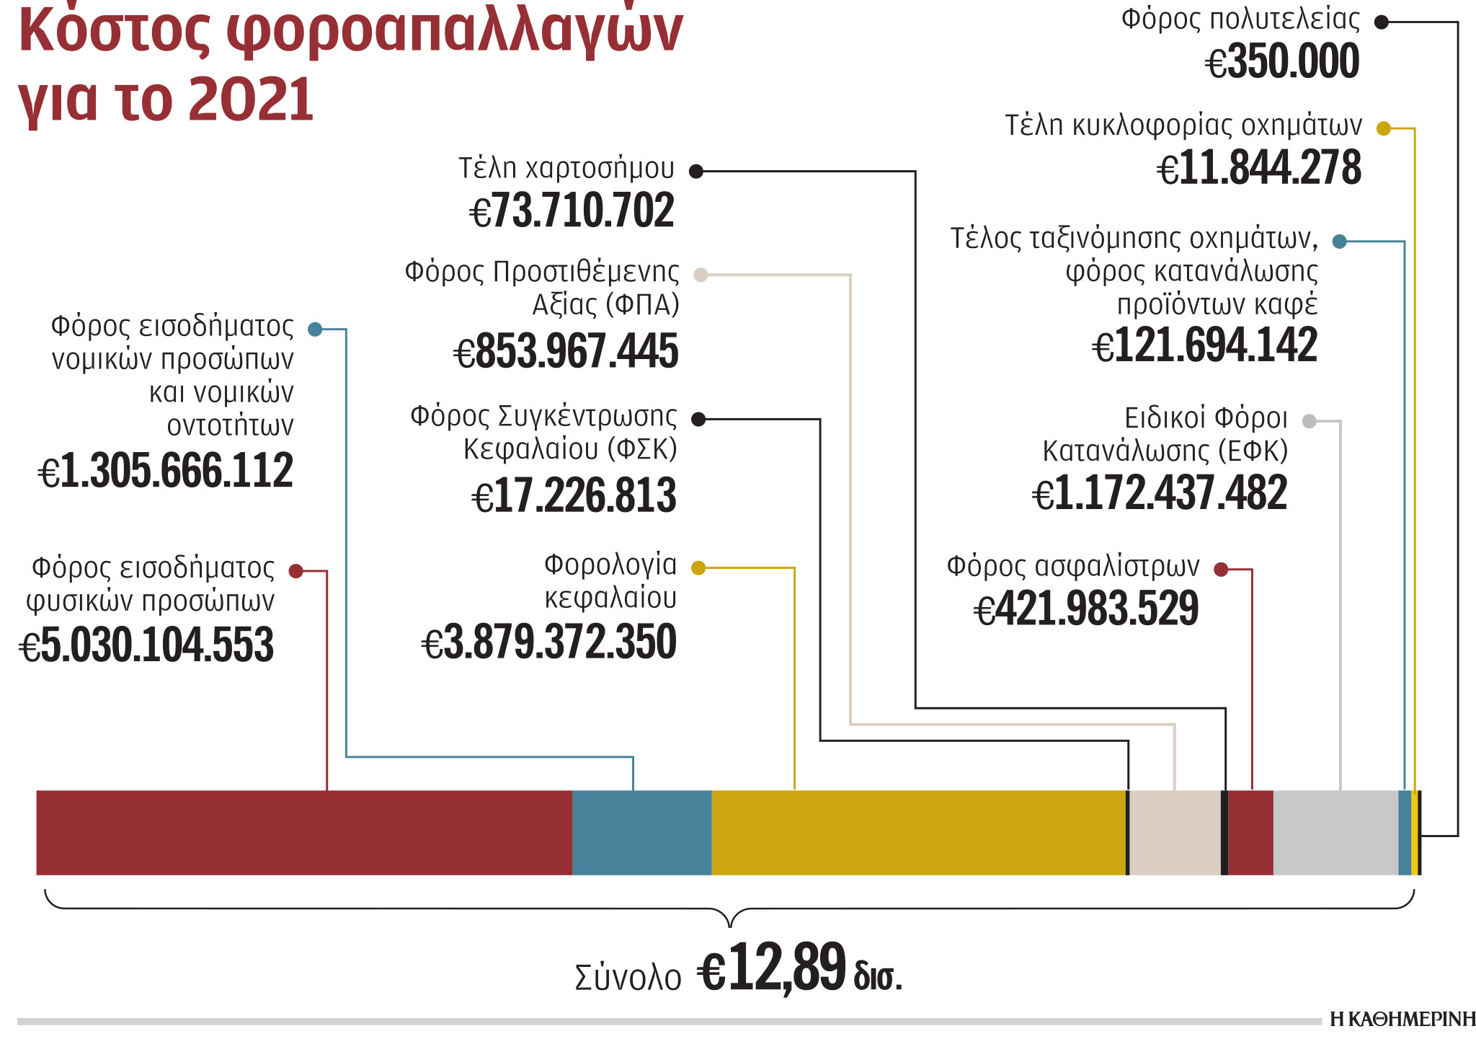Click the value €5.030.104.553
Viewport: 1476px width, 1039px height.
point(147,644)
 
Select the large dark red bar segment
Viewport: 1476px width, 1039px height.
point(304,832)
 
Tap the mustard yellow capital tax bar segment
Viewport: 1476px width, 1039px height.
point(917,832)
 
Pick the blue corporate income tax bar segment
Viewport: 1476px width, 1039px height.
point(641,832)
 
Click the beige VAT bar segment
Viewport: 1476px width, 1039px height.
point(1175,832)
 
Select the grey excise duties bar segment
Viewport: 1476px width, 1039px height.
point(1335,832)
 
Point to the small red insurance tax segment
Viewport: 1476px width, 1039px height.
point(1250,832)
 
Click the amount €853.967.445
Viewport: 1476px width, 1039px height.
point(566,351)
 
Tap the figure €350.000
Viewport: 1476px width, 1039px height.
point(1283,61)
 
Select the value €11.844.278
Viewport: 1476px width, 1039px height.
point(1259,167)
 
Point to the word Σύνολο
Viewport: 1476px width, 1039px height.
point(628,978)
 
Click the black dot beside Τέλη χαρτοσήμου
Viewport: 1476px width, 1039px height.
point(696,171)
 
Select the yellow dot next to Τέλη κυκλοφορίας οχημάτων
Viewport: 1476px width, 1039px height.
point(1383,128)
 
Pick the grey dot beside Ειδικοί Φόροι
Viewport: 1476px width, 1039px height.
point(1310,421)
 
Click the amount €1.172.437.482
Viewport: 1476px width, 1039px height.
point(1160,493)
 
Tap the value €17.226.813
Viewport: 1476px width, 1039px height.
point(574,496)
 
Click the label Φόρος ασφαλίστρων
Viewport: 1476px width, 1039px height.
point(1072,566)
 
